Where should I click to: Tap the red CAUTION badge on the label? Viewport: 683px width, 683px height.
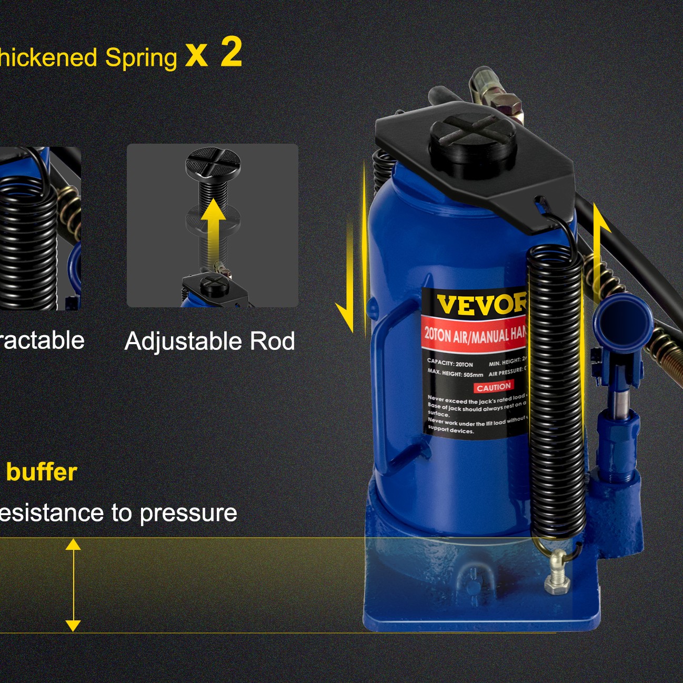[x=494, y=387]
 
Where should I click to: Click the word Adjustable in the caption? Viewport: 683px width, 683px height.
[x=184, y=341]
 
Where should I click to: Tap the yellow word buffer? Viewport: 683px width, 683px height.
[x=42, y=472]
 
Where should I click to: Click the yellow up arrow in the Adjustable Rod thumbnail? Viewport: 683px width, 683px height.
[x=213, y=226]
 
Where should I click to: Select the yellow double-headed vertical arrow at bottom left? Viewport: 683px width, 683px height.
[x=73, y=585]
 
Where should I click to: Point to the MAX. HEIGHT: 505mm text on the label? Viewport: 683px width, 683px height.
[x=455, y=373]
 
